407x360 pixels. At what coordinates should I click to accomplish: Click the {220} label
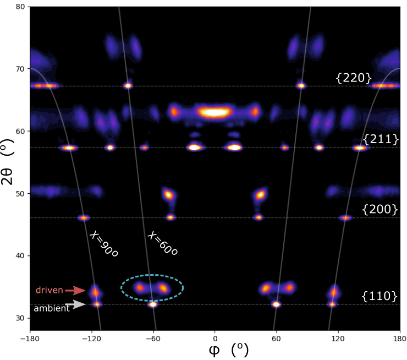[x=354, y=78]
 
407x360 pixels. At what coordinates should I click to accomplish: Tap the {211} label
[x=381, y=139]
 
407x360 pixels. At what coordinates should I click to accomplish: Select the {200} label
[x=380, y=209]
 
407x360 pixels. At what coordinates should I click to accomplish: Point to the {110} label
[x=380, y=296]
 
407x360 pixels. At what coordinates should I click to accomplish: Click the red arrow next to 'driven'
[x=75, y=290]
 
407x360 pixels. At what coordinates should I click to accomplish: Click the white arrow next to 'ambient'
[x=75, y=304]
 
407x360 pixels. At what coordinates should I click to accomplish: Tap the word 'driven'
[x=50, y=290]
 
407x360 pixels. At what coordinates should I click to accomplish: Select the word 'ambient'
[x=52, y=308]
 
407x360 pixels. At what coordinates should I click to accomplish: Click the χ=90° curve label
[x=103, y=244]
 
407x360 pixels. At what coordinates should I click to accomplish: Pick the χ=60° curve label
[x=162, y=243]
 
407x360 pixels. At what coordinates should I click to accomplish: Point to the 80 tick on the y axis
[x=20, y=7]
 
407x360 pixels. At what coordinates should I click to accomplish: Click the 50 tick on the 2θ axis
[x=20, y=194]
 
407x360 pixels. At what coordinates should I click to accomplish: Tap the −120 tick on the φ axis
[x=92, y=339]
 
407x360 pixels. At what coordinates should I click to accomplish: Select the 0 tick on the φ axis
[x=215, y=339]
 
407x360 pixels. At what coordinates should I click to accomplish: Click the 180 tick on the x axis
[x=400, y=339]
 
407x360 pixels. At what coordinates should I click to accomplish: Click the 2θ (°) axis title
[x=7, y=162]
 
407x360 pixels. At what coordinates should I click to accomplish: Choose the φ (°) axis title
[x=229, y=350]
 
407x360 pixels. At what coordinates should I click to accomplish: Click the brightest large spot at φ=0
[x=214, y=112]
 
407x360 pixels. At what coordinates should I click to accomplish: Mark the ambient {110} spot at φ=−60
[x=153, y=304]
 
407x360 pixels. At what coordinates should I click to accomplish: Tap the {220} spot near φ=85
[x=301, y=85]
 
